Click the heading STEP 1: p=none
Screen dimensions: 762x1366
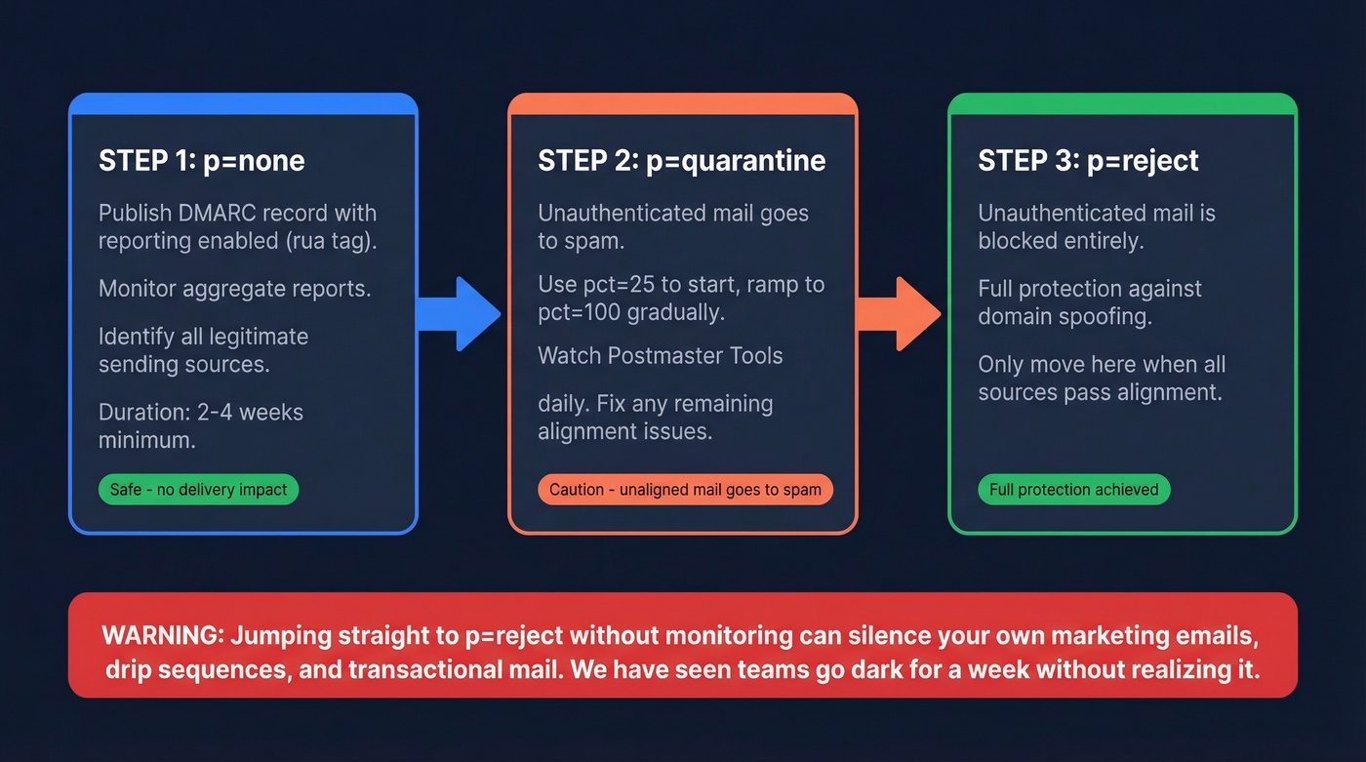pos(202,160)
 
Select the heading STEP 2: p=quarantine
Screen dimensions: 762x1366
pos(681,160)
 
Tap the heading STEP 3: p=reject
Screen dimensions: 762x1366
pos(1088,160)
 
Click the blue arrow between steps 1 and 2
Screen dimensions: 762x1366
pos(458,313)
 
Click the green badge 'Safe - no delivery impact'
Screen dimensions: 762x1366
pos(198,490)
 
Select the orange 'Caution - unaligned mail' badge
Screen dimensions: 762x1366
pos(685,490)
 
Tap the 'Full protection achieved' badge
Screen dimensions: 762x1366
pos(1073,490)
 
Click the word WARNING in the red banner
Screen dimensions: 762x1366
pos(160,636)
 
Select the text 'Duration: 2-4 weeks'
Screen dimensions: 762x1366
pos(201,413)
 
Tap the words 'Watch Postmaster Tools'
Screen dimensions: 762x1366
pos(660,355)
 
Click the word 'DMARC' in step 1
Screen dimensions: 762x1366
pos(212,214)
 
